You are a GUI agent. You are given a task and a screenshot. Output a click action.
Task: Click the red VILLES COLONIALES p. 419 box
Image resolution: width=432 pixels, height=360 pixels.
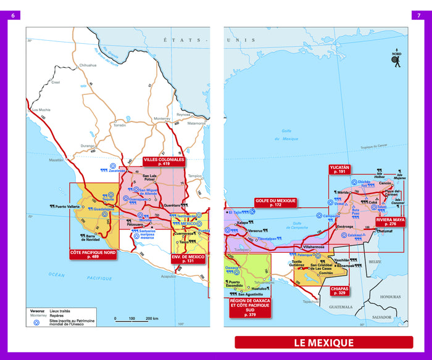(164, 162)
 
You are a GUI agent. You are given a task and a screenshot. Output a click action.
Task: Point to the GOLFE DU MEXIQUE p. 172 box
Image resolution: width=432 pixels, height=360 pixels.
(275, 202)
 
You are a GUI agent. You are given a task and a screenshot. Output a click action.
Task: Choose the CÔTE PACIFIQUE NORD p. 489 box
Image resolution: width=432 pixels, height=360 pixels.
(93, 254)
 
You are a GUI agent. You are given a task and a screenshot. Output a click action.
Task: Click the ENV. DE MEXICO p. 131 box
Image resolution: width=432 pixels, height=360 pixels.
(188, 258)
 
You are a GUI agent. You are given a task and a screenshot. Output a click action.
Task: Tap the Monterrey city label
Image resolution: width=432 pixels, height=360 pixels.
(162, 118)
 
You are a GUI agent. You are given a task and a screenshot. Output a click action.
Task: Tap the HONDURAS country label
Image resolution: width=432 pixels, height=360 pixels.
(390, 297)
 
